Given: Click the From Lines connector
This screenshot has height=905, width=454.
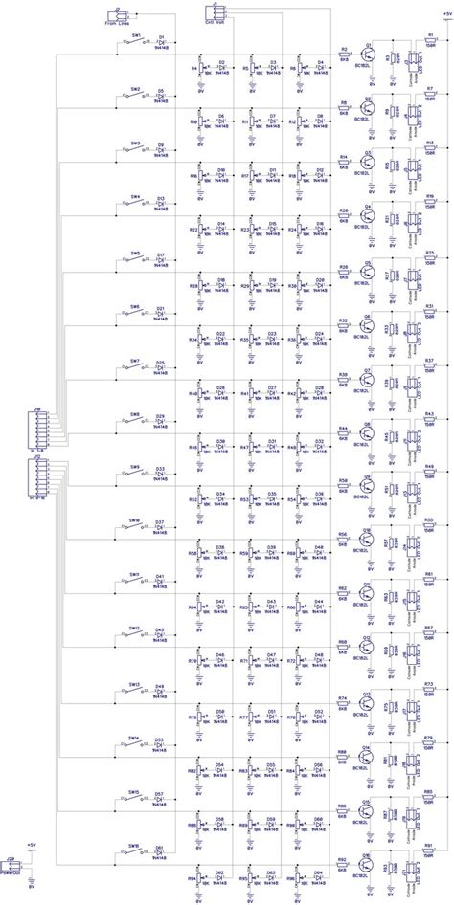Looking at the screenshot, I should click(x=116, y=13).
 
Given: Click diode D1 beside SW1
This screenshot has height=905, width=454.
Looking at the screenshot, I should click(x=160, y=41).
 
